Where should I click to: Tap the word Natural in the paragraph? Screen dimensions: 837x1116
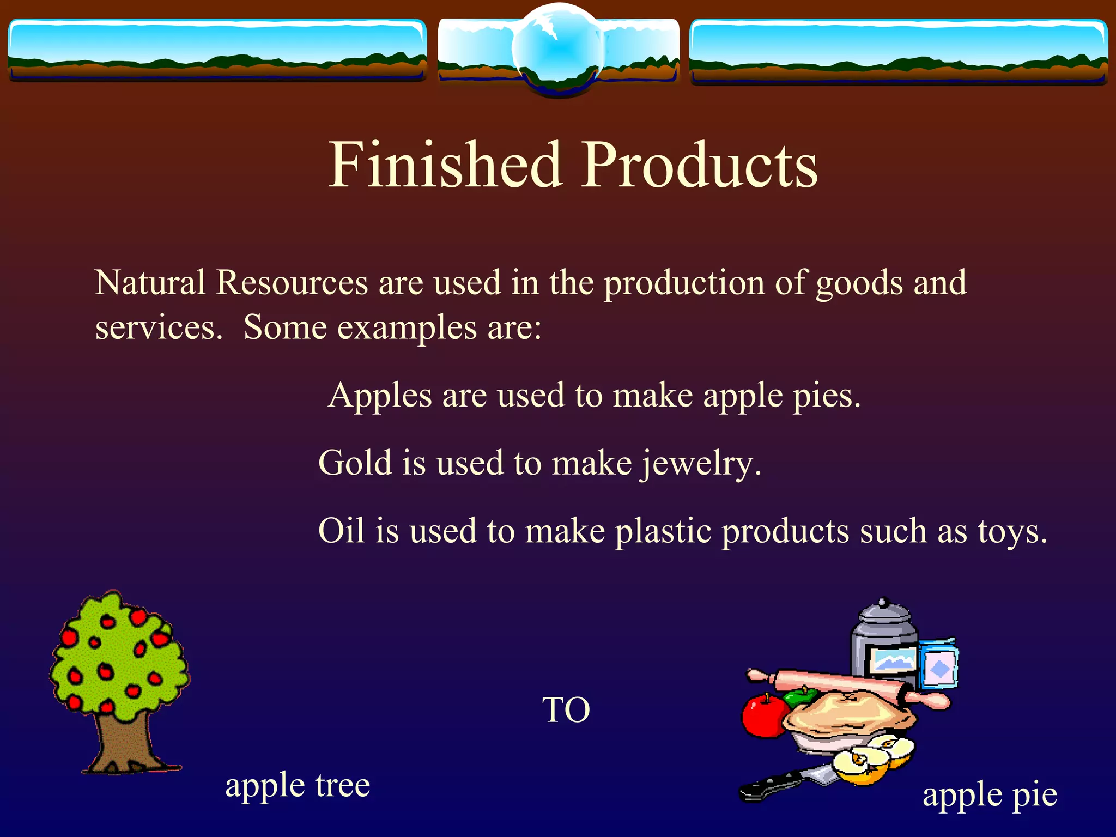(x=150, y=283)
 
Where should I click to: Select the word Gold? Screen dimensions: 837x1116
(x=355, y=463)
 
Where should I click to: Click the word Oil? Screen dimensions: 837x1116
(x=341, y=531)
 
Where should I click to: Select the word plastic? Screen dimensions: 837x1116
(x=663, y=532)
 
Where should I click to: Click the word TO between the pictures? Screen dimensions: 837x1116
(x=566, y=710)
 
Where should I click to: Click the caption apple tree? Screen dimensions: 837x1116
(x=298, y=785)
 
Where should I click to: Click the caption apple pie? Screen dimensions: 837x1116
(x=990, y=795)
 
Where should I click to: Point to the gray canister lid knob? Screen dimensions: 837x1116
(x=884, y=602)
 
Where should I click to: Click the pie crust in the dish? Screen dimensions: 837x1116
(x=847, y=711)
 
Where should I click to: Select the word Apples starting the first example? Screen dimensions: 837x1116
(x=380, y=396)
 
